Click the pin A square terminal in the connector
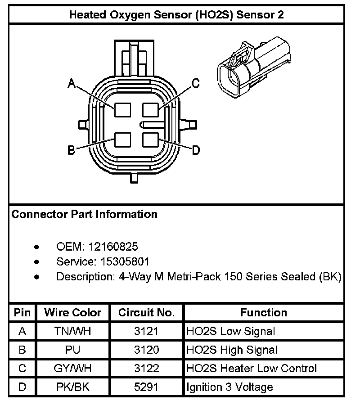tap(122, 110)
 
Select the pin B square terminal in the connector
tap(122, 140)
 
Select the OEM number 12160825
tap(113, 247)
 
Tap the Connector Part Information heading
tap(84, 214)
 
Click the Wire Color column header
tap(72, 312)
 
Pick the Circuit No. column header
tap(146, 312)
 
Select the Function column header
tap(264, 312)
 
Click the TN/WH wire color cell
tap(72, 332)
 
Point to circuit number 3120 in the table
tap(146, 350)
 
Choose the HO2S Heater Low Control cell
tap(252, 369)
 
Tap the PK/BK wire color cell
tap(72, 387)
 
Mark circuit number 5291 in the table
tap(146, 387)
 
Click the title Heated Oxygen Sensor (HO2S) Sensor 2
tap(176, 14)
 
